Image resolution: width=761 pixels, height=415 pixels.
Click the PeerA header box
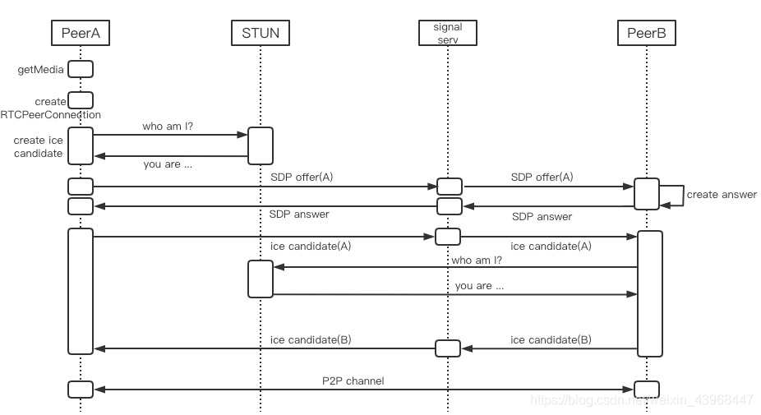[x=81, y=33]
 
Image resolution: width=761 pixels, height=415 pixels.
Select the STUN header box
[x=261, y=33]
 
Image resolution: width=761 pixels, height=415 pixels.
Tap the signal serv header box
[x=447, y=33]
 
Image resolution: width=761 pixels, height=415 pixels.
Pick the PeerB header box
[x=647, y=33]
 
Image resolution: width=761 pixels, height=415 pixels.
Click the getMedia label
[x=41, y=70]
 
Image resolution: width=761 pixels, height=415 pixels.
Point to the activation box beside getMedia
[x=81, y=69]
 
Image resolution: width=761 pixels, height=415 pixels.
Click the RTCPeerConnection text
[x=50, y=115]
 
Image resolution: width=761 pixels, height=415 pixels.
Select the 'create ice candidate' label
[x=39, y=146]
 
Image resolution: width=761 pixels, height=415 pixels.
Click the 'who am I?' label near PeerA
[x=168, y=127]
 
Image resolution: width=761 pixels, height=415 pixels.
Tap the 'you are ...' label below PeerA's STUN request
[x=168, y=164]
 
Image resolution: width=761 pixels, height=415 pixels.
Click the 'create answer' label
[x=722, y=195]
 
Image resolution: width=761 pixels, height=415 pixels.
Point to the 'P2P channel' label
[x=353, y=381]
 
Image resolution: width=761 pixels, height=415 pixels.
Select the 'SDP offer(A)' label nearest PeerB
[x=542, y=178]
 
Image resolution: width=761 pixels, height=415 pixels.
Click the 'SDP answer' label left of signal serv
[x=299, y=214]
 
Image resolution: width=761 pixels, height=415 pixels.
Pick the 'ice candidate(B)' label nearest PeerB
[x=551, y=339]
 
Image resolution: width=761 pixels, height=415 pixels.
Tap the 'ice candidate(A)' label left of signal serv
[x=311, y=246]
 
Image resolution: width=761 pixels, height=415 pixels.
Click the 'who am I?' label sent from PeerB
[x=477, y=261]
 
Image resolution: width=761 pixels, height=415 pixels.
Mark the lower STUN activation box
[x=261, y=279]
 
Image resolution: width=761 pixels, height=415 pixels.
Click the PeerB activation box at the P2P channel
[x=647, y=390]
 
